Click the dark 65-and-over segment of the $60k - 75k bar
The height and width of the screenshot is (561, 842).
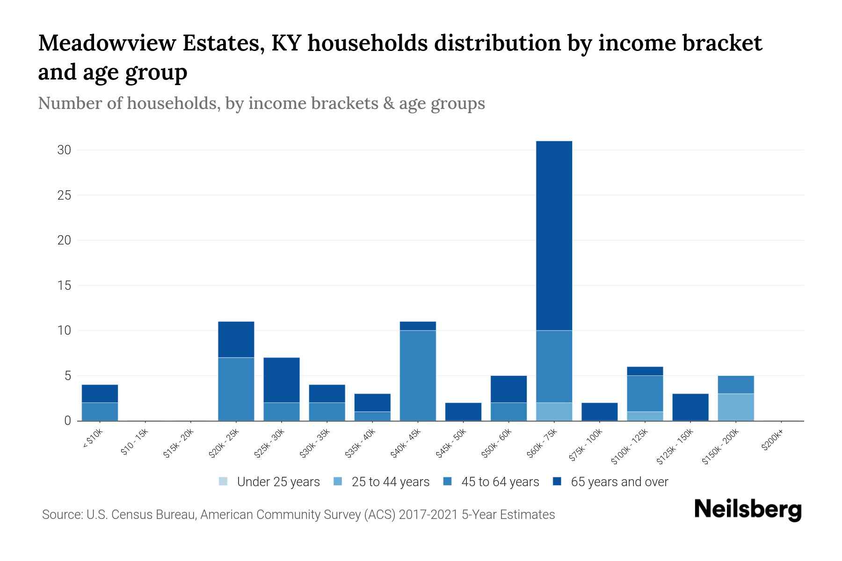[x=554, y=236]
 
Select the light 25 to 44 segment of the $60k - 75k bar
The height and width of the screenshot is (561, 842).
[x=554, y=411]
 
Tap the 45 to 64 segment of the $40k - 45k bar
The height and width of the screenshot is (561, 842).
[x=418, y=375]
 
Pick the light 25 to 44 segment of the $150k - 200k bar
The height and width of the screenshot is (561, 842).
[x=736, y=407]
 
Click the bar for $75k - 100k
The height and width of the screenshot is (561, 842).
[x=599, y=412]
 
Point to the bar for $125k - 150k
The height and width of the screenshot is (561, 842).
[x=690, y=407]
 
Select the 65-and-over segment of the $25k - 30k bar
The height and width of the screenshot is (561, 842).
[x=282, y=380]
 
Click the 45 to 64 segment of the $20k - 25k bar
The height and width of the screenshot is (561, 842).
[x=236, y=389]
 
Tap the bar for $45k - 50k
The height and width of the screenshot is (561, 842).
[x=463, y=412]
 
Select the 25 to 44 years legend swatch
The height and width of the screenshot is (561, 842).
[x=338, y=482]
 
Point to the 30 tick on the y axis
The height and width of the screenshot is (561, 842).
[x=64, y=150]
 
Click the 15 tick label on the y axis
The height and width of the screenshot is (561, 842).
[x=64, y=285]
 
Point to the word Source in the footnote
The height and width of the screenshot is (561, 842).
[x=61, y=515]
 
